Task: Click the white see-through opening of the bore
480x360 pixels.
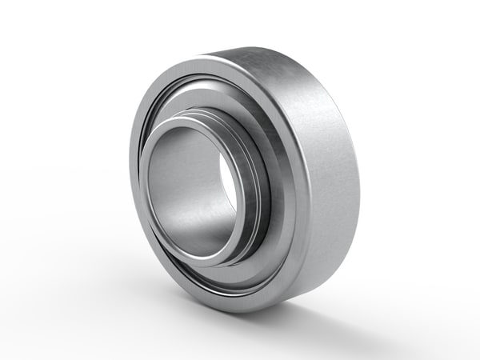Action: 228,181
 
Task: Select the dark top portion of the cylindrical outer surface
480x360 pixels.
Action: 264,60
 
